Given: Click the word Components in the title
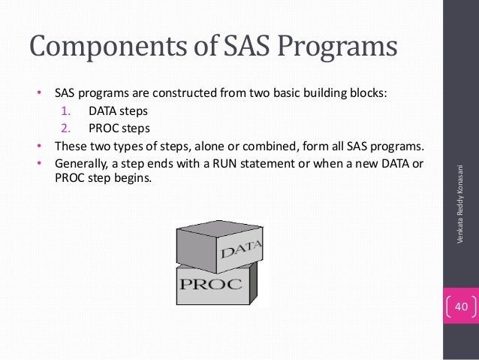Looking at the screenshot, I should tap(102, 47).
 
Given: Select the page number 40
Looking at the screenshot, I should tap(460, 307).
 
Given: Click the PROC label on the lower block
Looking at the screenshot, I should tap(210, 284).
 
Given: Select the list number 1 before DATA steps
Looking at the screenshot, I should tap(65, 112).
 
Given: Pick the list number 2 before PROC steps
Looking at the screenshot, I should tap(65, 128).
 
